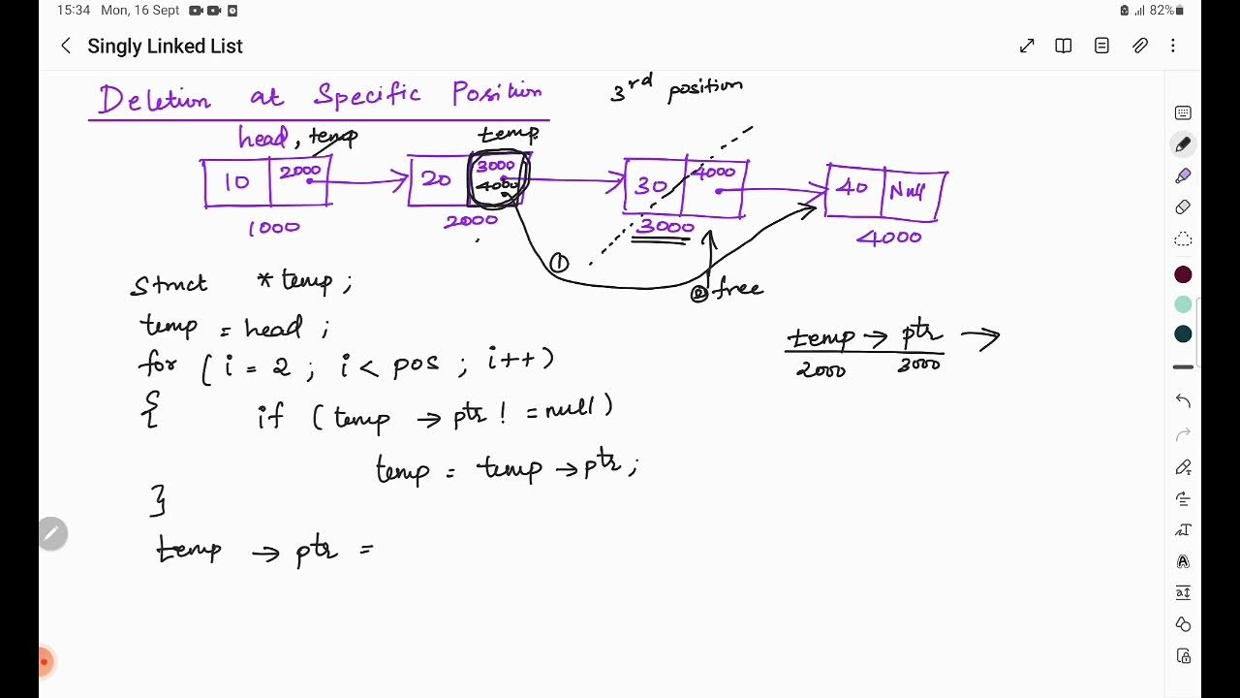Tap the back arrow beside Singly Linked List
click(66, 46)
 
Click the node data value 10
click(236, 183)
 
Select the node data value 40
click(852, 188)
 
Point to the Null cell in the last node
click(908, 192)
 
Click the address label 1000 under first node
click(274, 228)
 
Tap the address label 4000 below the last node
click(888, 237)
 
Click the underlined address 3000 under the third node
click(666, 228)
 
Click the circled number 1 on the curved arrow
click(559, 263)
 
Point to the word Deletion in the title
click(155, 100)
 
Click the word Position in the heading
click(497, 94)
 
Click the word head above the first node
click(263, 138)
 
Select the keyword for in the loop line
click(157, 365)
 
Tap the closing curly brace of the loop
click(158, 500)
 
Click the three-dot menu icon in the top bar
click(1173, 46)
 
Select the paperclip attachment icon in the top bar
click(1140, 46)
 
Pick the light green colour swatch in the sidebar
click(1183, 304)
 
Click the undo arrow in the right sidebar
click(1183, 400)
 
